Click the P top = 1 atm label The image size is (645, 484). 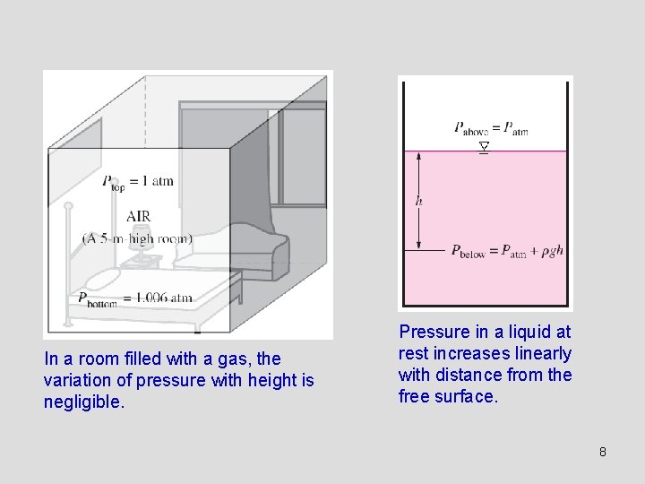137,182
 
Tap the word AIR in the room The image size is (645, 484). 139,216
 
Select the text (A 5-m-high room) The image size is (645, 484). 137,239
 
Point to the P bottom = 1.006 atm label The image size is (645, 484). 134,298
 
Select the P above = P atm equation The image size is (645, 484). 491,128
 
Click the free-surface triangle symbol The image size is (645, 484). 484,145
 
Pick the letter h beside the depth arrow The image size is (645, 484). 418,201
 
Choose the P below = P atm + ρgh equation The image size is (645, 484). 507,251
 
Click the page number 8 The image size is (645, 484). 603,452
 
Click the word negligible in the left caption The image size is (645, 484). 83,402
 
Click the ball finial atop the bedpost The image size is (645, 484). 67,207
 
